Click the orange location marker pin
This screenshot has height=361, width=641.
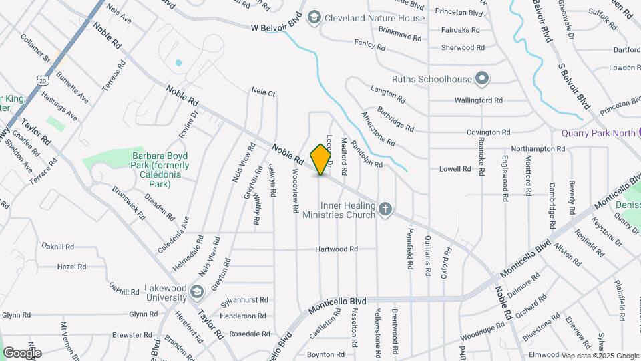point(321,159)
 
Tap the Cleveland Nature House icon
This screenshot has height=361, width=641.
point(314,18)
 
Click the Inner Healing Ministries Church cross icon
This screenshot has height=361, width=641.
point(385,210)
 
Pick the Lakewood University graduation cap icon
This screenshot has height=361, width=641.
point(197,292)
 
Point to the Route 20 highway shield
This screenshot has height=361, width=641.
point(43,80)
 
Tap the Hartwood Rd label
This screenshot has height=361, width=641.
point(337,249)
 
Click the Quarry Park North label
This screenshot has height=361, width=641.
point(598,133)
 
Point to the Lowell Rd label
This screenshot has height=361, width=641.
point(455,169)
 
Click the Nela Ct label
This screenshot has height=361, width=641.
point(263,92)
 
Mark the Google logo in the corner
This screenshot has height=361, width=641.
point(22,352)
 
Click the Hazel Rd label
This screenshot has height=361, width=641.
point(71,267)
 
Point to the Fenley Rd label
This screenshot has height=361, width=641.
point(369,45)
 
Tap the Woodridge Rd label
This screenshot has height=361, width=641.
point(483,330)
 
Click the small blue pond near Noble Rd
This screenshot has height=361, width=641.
point(178,63)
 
